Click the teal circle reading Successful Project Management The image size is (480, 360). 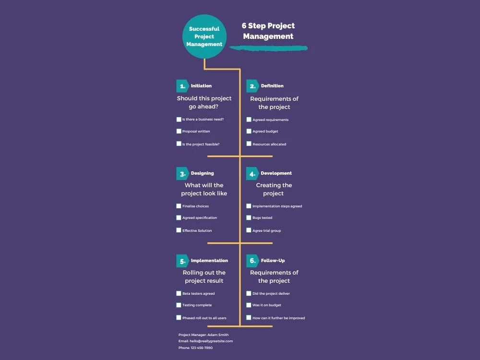(x=204, y=36)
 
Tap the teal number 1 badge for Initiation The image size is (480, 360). (x=182, y=86)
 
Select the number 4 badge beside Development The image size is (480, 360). (x=252, y=174)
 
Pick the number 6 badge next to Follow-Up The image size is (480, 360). (x=252, y=261)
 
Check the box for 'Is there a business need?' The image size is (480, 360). (x=179, y=120)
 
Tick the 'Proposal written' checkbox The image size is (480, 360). (x=179, y=132)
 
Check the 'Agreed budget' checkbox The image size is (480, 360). (x=249, y=132)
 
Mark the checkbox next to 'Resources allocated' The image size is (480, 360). (x=249, y=144)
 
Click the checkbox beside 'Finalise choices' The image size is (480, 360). (x=179, y=206)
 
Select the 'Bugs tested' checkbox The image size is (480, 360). (x=249, y=217)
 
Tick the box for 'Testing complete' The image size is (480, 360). (x=179, y=305)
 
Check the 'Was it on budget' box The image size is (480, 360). (x=249, y=305)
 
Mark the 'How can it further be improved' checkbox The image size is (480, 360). (x=249, y=318)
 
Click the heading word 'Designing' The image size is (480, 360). (x=203, y=173)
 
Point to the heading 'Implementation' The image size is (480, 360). (x=209, y=261)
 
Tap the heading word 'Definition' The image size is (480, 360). (x=272, y=86)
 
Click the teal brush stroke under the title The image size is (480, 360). (x=268, y=48)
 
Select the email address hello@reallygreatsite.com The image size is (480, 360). (x=211, y=341)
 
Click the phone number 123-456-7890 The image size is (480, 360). (x=202, y=348)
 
